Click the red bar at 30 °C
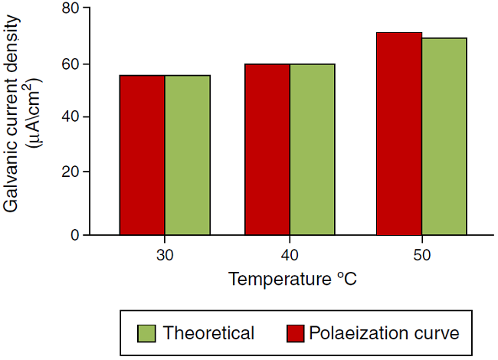click(x=142, y=155)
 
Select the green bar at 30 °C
click(x=187, y=155)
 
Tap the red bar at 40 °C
click(x=267, y=149)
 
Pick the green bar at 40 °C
click(x=312, y=149)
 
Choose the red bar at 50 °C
click(x=399, y=133)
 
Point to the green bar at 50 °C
click(x=444, y=136)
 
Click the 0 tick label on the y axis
click(x=75, y=234)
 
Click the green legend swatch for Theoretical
click(x=146, y=334)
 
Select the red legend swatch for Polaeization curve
click(x=297, y=334)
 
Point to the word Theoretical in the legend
click(x=208, y=334)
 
